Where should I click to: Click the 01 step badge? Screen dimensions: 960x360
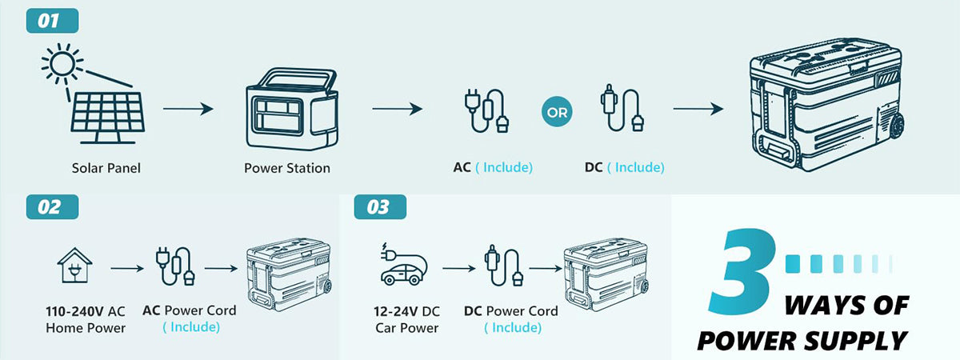point(52,21)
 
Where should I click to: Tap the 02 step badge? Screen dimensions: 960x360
point(52,207)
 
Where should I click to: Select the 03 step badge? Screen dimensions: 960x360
point(380,207)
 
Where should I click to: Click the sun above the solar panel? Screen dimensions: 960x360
point(62,64)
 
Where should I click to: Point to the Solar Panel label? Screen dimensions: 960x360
point(106,168)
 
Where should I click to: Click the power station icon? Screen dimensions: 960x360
point(292,109)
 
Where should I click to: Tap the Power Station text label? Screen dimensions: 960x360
point(287,168)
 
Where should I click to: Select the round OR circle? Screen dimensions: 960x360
point(557,112)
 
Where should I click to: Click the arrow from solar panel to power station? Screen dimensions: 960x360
point(188,109)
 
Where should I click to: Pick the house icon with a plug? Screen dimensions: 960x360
point(74,266)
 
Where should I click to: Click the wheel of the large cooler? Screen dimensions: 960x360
point(897,126)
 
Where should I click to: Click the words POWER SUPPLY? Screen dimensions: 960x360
point(802,341)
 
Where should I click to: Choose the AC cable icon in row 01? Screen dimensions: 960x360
point(487,110)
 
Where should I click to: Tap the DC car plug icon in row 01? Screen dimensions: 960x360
point(622,108)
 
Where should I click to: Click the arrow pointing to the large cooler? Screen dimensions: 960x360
point(698,109)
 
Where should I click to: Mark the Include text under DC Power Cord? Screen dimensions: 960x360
point(513,328)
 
